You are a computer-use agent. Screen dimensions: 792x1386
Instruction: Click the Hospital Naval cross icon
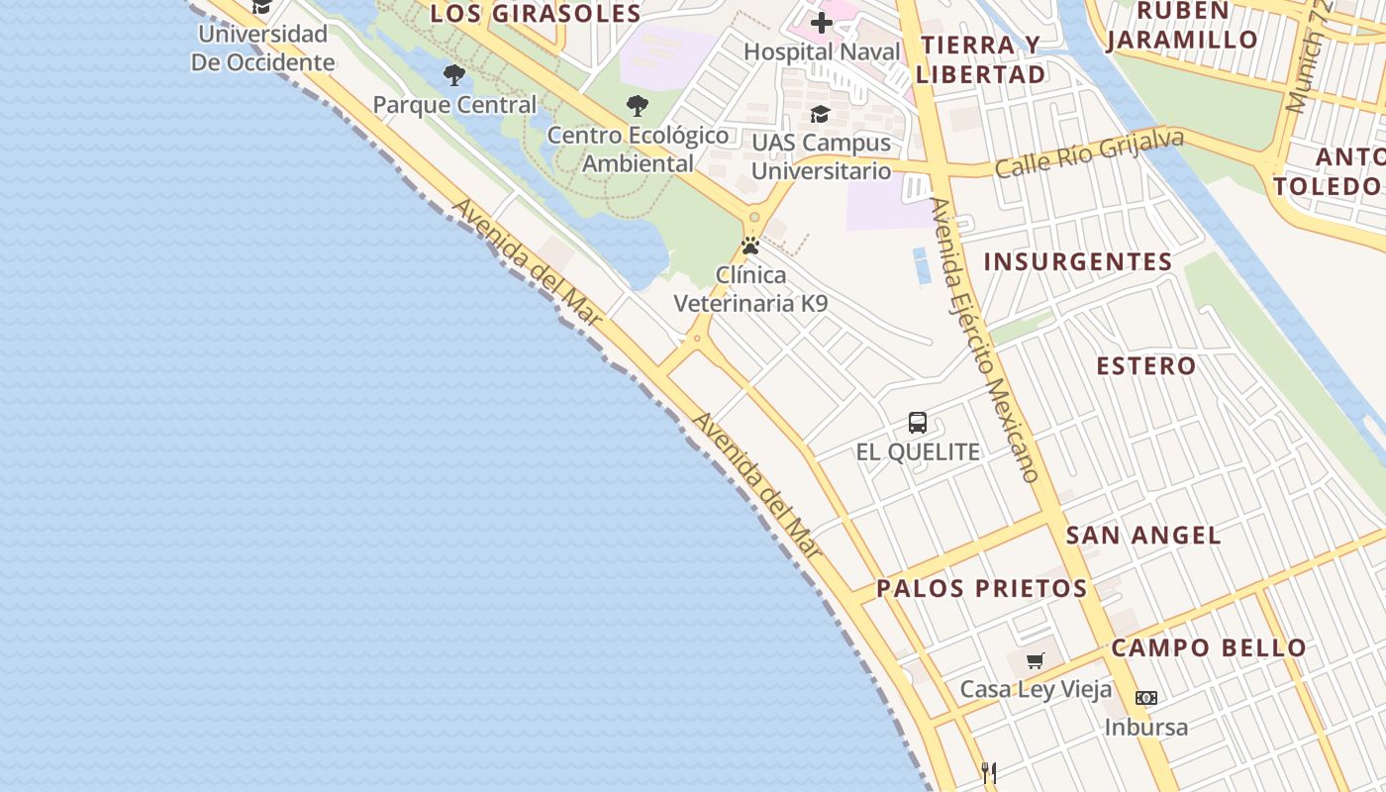tap(821, 23)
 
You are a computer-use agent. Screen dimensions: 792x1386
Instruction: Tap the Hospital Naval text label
tap(822, 51)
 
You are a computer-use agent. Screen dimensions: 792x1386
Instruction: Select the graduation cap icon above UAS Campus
tap(820, 115)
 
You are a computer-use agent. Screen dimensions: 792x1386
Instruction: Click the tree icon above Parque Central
tap(454, 75)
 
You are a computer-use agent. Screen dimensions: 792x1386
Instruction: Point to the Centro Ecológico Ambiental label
tap(638, 149)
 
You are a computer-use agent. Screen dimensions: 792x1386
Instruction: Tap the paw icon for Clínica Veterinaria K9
tap(750, 246)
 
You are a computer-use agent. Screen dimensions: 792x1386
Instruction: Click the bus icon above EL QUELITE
tap(918, 423)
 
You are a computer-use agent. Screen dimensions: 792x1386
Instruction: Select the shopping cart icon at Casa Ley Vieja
tap(1036, 660)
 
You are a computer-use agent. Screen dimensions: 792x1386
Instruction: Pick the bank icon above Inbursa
tap(1145, 698)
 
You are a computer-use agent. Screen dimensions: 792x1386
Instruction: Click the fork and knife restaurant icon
tap(988, 772)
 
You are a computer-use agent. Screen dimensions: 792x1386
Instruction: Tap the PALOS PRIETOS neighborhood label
tap(982, 588)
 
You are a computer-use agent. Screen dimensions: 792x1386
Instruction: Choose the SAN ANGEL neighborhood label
tap(1143, 536)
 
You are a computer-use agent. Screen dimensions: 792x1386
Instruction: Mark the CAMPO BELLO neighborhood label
tap(1209, 648)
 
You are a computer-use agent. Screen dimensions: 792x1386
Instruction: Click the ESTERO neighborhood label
tap(1146, 365)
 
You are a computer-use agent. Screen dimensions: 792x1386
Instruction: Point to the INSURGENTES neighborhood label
tap(1078, 262)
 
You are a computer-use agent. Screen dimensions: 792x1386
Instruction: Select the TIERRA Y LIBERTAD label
tap(980, 59)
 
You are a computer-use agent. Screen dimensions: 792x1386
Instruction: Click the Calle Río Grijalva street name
tap(1089, 153)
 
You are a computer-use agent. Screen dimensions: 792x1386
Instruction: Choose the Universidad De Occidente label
tap(262, 48)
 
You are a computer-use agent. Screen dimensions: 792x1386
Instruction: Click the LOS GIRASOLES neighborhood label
tap(536, 14)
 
